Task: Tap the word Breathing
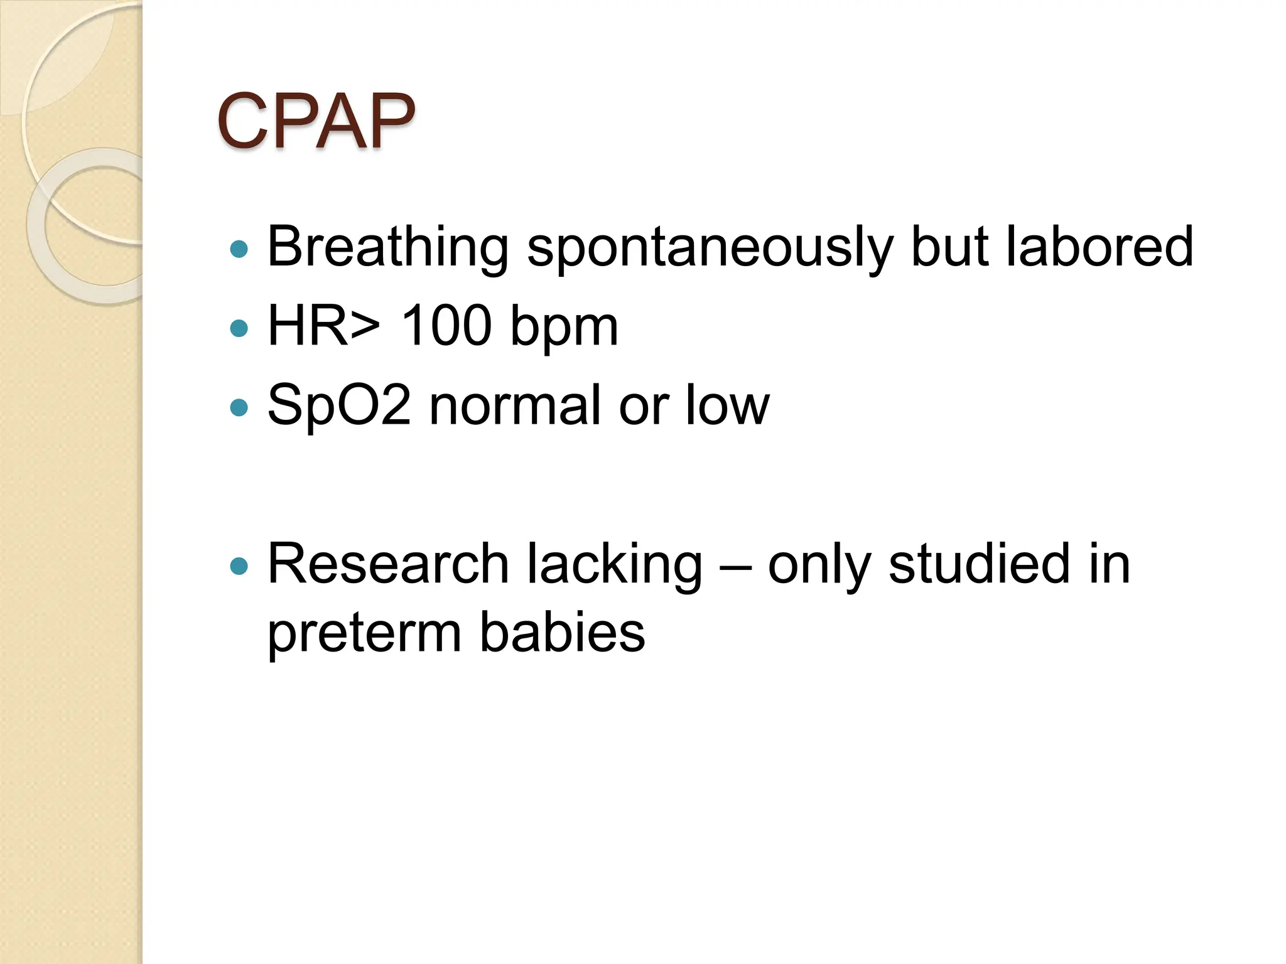(387, 248)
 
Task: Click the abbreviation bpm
(564, 328)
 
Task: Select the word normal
(515, 406)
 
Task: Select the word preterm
(364, 634)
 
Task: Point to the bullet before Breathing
(239, 249)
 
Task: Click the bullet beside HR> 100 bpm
(239, 328)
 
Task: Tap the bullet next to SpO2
(239, 407)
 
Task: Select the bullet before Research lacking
(239, 567)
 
